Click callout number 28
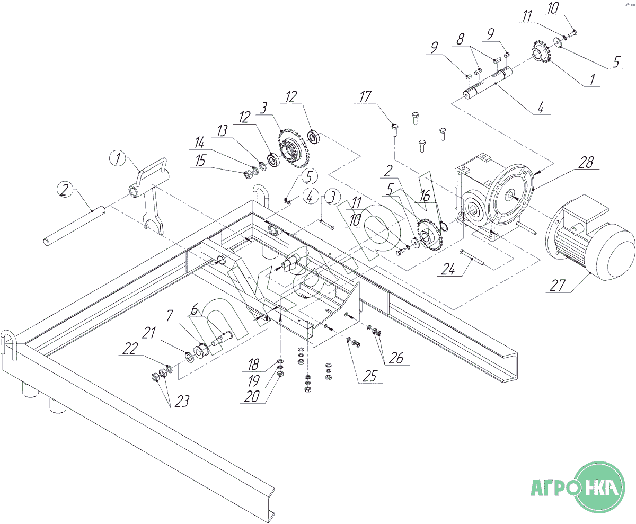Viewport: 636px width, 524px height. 586,162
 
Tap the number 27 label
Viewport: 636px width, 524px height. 558,286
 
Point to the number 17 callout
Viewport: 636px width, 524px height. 365,97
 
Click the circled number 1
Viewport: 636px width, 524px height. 118,158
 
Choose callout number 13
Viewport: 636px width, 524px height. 222,131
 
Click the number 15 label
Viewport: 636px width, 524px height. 200,161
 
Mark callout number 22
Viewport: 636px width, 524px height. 130,349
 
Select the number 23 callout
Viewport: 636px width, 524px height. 182,401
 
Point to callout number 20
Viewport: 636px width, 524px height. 252,396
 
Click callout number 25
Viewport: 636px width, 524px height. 370,376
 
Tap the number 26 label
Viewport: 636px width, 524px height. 396,358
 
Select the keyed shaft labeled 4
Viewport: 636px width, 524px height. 488,82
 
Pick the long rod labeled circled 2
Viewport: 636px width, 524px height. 75,226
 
